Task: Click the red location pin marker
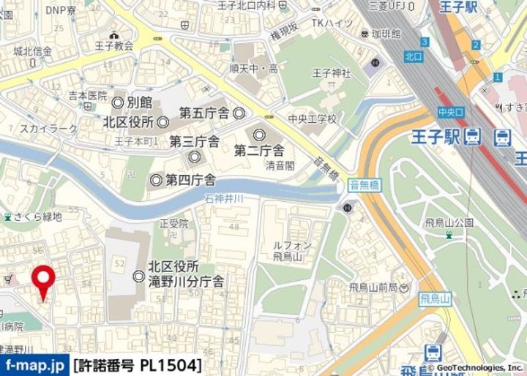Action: click(45, 279)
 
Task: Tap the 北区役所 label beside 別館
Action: click(128, 121)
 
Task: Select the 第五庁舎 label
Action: click(204, 113)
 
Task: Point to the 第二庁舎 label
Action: click(259, 151)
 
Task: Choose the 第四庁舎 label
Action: click(190, 179)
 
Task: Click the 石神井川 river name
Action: click(244, 198)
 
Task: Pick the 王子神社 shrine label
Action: click(332, 73)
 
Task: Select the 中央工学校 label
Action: click(312, 119)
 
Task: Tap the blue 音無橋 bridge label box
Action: click(364, 187)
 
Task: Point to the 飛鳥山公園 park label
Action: click(449, 222)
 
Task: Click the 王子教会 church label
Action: click(113, 45)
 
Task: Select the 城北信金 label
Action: click(33, 51)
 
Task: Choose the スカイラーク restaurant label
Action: click(45, 129)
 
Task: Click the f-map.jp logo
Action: click(34, 364)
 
